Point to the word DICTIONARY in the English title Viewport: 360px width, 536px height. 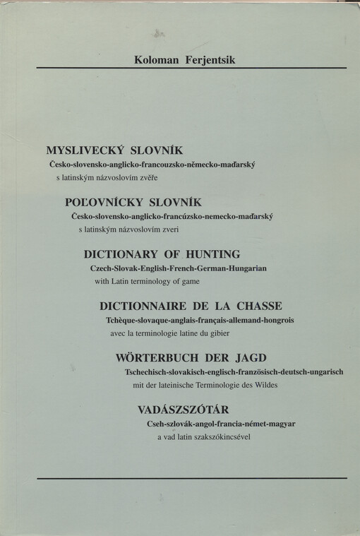(x=121, y=254)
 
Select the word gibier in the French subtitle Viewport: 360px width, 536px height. (x=237, y=333)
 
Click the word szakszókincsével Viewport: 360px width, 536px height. (x=222, y=436)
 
